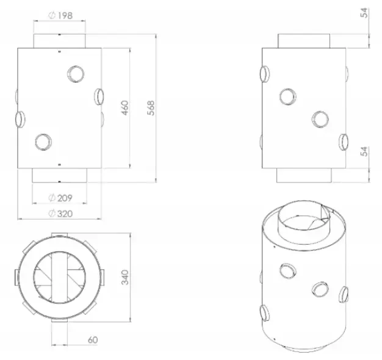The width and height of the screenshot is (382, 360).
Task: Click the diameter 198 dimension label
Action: [60, 15]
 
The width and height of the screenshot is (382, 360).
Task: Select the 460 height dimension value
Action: [124, 107]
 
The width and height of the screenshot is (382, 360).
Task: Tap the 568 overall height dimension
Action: [151, 107]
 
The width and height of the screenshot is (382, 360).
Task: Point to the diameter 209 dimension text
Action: [60, 198]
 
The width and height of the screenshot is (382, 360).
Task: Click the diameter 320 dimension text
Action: [60, 214]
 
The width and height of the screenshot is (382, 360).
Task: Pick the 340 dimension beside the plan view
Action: [124, 277]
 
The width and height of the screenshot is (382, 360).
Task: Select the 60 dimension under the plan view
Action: [93, 340]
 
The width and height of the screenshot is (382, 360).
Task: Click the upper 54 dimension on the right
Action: [364, 13]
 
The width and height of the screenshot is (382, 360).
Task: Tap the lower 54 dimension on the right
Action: [364, 151]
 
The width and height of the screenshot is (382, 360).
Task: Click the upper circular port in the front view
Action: [76, 74]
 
